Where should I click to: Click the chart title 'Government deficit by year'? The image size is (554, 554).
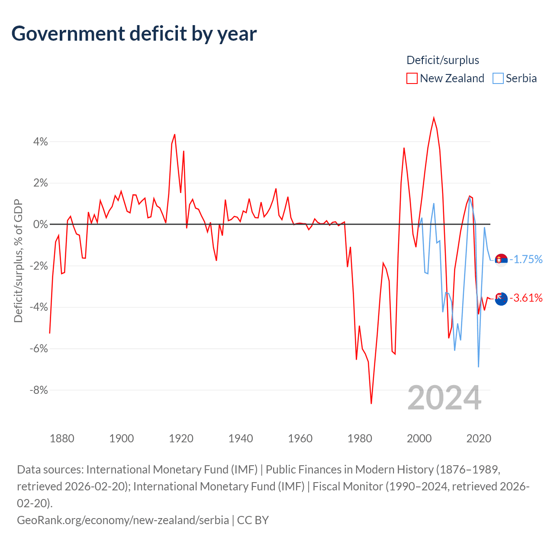(134, 34)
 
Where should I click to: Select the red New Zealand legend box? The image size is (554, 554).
(412, 78)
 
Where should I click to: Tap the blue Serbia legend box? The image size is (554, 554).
(498, 78)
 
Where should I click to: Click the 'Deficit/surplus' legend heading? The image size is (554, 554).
(443, 60)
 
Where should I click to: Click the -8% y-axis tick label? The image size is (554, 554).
(39, 390)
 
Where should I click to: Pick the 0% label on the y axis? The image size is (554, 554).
(41, 224)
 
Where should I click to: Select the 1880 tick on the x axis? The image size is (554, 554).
(62, 438)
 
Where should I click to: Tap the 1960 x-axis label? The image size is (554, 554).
(300, 438)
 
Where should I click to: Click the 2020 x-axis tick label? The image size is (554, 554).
(479, 438)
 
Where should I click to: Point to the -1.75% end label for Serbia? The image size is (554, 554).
(526, 259)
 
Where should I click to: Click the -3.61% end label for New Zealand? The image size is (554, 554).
(526, 298)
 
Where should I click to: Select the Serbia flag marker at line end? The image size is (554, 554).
(501, 260)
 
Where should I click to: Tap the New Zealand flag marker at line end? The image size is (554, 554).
(501, 299)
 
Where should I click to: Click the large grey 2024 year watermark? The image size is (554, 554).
(444, 398)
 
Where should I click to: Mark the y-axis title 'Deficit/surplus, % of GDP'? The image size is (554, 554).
(18, 261)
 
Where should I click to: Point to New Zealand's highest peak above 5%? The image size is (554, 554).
(434, 118)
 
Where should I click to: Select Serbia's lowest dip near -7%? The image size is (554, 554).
(478, 367)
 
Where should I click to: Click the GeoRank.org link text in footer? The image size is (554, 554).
(123, 520)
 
